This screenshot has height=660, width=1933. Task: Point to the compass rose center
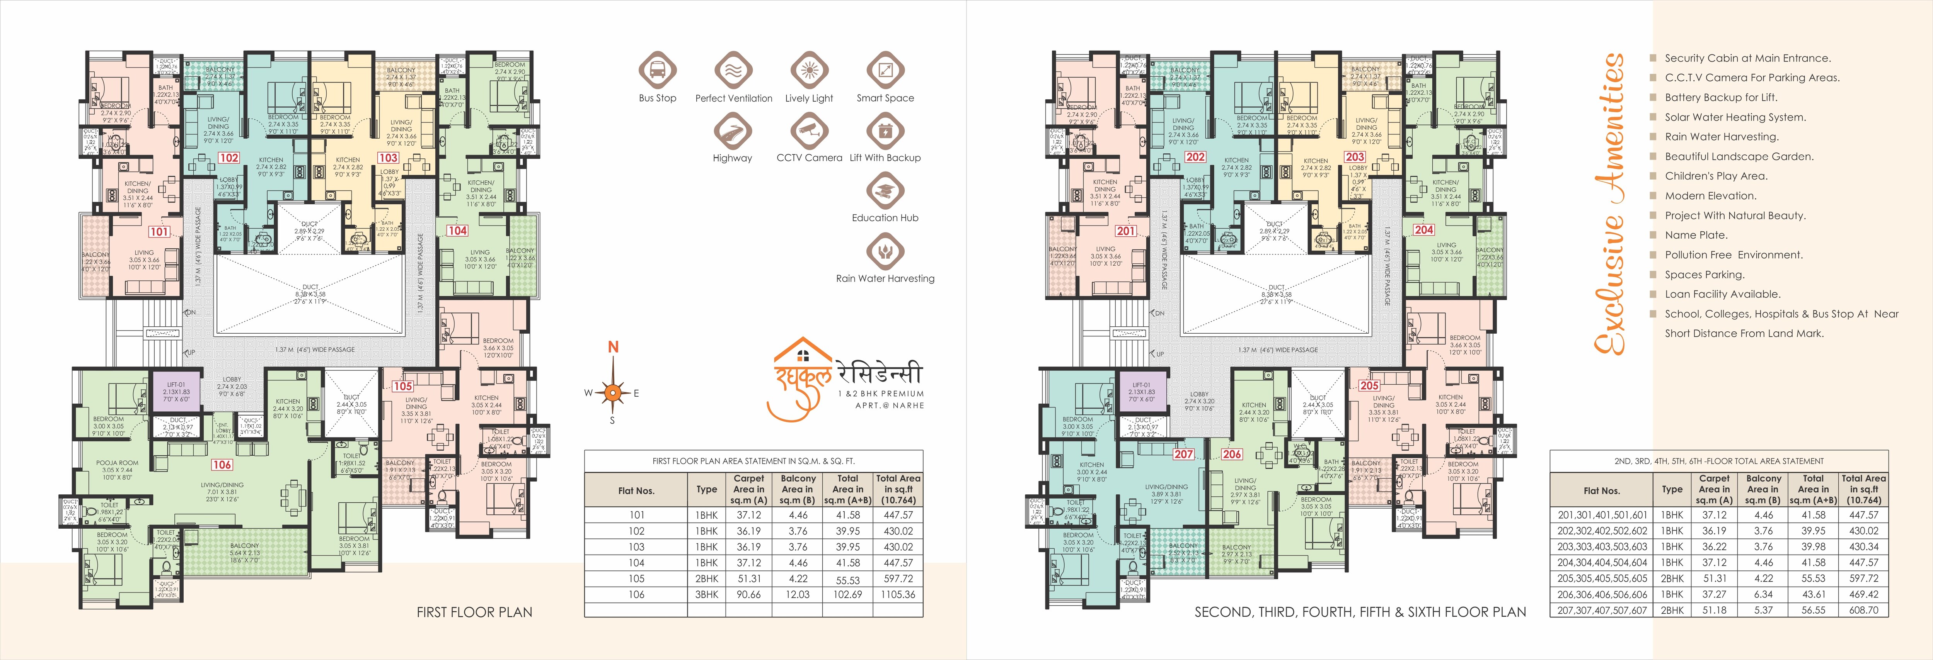pos(613,392)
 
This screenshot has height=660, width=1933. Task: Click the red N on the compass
pos(613,346)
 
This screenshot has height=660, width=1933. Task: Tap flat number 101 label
pos(159,232)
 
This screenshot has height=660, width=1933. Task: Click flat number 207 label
pos(1183,454)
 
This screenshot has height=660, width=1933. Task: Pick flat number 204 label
pos(1423,229)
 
